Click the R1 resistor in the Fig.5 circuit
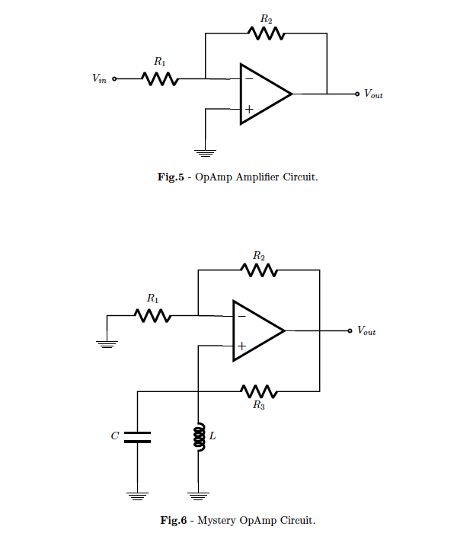[160, 78]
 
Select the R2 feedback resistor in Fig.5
[266, 33]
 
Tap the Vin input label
[99, 78]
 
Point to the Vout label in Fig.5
[373, 94]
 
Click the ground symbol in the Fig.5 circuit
[205, 152]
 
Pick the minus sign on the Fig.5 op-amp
[248, 78]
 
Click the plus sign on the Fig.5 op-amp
[248, 110]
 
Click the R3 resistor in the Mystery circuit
[259, 392]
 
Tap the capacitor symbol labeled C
[137, 437]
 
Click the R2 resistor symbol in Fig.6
[259, 270]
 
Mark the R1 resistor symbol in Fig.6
[152, 315]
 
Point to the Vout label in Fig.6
[366, 331]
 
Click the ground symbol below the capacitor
[137, 496]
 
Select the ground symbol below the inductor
[198, 496]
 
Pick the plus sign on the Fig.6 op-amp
[241, 346]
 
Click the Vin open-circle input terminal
[115, 78]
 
